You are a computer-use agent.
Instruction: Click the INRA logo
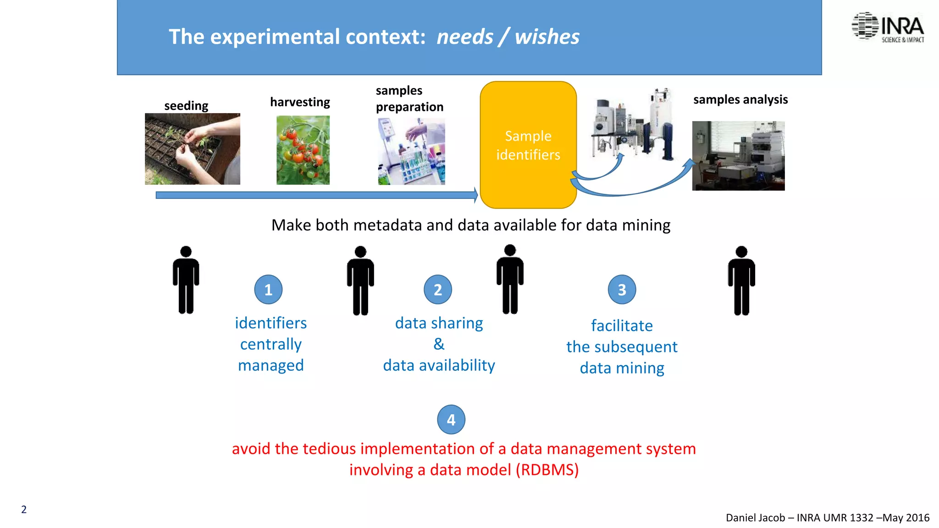point(888,27)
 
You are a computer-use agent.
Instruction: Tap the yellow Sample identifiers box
point(528,145)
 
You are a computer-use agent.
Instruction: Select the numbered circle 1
point(268,290)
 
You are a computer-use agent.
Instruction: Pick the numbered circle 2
point(438,290)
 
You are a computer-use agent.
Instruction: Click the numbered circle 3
point(622,290)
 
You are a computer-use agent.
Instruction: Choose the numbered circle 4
point(451,419)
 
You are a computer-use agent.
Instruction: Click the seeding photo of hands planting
point(193,149)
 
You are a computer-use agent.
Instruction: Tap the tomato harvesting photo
point(303,150)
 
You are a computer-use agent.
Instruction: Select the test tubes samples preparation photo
point(411,151)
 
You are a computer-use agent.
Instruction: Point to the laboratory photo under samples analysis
point(738,156)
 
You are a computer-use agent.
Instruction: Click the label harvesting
point(300,102)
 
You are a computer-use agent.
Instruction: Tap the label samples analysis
point(740,99)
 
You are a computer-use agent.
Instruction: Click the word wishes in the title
point(547,37)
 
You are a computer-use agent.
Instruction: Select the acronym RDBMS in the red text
point(547,470)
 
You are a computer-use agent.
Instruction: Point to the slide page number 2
point(24,509)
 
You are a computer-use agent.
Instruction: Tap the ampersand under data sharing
point(439,344)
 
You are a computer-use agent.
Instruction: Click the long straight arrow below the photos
point(316,195)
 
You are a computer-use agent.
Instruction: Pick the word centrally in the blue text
point(271,344)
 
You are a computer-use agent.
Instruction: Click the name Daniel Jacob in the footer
point(755,517)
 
